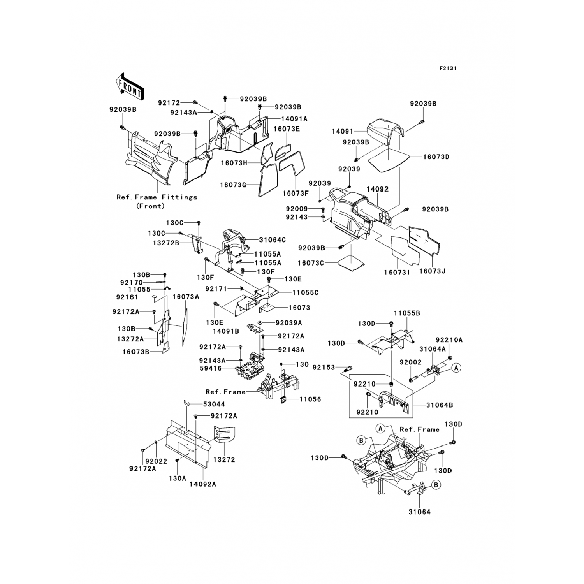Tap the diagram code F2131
point(448,68)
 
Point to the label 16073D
point(436,157)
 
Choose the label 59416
point(222,368)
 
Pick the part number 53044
point(214,404)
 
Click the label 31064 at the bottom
point(419,512)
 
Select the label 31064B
point(439,405)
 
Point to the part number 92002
point(410,362)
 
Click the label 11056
point(310,399)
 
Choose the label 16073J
point(432,271)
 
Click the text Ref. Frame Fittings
point(157,197)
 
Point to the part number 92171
point(216,288)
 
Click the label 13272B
point(166,243)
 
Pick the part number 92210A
point(449,340)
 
